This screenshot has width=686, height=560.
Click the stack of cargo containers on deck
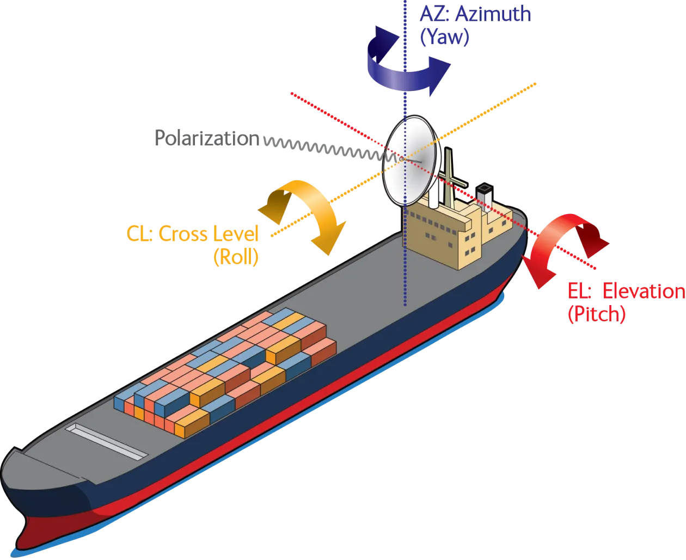[x=229, y=370]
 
